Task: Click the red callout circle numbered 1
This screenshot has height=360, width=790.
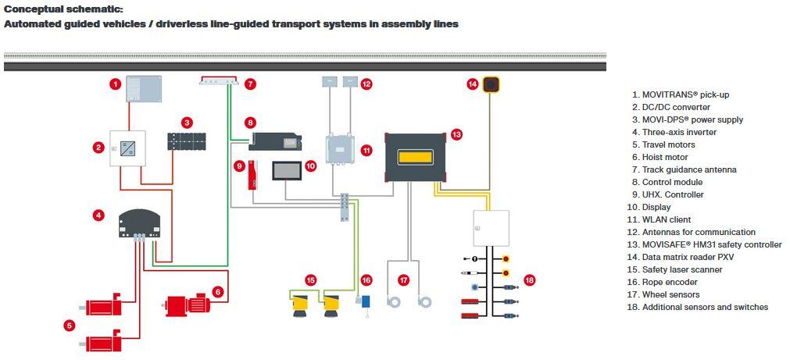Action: pos(115,84)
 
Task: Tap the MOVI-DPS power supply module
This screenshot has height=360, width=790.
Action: pos(187,141)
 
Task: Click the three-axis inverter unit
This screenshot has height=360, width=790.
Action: pos(138,223)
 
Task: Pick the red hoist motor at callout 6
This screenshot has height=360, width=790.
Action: pos(187,303)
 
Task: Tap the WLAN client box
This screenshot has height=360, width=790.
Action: pos(341,150)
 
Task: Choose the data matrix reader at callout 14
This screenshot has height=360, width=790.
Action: pos(491,84)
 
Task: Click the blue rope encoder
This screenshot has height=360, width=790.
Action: pos(365,301)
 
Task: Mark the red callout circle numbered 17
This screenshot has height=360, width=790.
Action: pos(404,279)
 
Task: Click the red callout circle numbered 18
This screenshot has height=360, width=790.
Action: pos(529,279)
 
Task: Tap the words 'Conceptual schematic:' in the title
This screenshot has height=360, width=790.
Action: pos(63,9)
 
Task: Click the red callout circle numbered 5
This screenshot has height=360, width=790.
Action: pos(70,326)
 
